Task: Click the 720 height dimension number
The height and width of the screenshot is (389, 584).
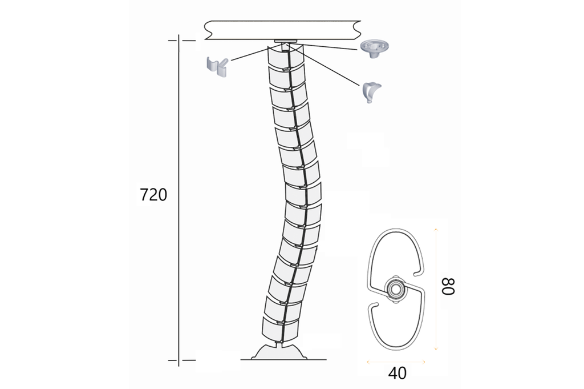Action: (153, 195)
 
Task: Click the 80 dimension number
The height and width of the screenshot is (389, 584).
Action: (448, 286)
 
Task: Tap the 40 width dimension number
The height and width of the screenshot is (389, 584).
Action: (398, 373)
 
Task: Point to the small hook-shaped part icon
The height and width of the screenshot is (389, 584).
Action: (371, 92)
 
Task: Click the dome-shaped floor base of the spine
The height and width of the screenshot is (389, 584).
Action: (279, 352)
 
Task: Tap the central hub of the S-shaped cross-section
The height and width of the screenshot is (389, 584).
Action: (395, 288)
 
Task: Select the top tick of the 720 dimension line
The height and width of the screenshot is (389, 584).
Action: (182, 41)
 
